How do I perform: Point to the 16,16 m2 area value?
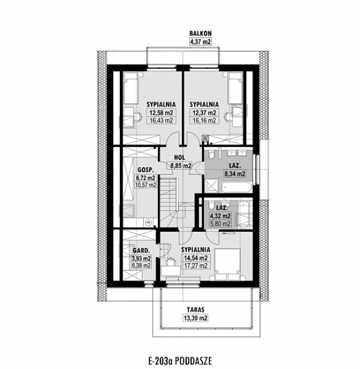204,121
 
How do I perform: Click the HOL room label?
179,158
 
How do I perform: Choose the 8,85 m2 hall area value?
179,166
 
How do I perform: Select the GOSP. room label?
146,169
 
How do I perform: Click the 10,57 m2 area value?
145,185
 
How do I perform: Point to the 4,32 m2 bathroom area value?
220,217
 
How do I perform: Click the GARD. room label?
141,251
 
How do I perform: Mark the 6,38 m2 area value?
141,265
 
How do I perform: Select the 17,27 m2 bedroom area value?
195,265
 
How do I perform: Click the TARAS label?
195,310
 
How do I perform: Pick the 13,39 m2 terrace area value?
195,318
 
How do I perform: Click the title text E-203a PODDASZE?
180,360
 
